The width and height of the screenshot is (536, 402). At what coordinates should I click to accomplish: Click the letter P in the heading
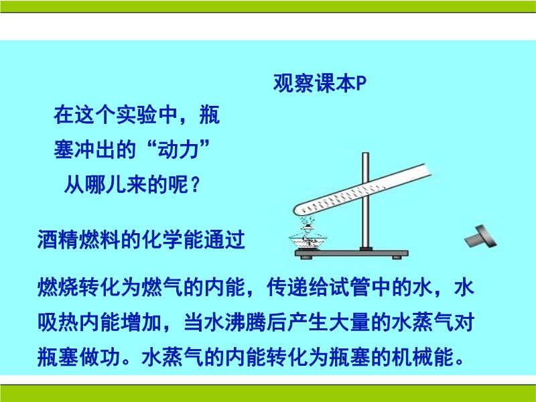click(x=361, y=83)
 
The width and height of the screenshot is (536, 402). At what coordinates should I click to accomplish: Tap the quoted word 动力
click(x=178, y=149)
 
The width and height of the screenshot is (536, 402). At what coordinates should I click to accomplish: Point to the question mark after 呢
click(x=195, y=185)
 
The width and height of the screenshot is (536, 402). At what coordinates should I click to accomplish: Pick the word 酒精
click(x=58, y=240)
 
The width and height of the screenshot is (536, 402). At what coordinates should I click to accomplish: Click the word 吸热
click(x=58, y=322)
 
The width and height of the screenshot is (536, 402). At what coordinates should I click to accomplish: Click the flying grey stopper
click(x=480, y=237)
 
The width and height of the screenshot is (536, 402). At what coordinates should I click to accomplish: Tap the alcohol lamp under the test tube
click(x=308, y=238)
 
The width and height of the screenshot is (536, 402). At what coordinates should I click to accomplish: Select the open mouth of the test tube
click(x=428, y=170)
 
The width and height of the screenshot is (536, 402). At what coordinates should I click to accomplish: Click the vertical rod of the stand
click(x=365, y=202)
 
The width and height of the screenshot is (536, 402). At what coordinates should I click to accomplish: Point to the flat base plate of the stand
click(x=351, y=254)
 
